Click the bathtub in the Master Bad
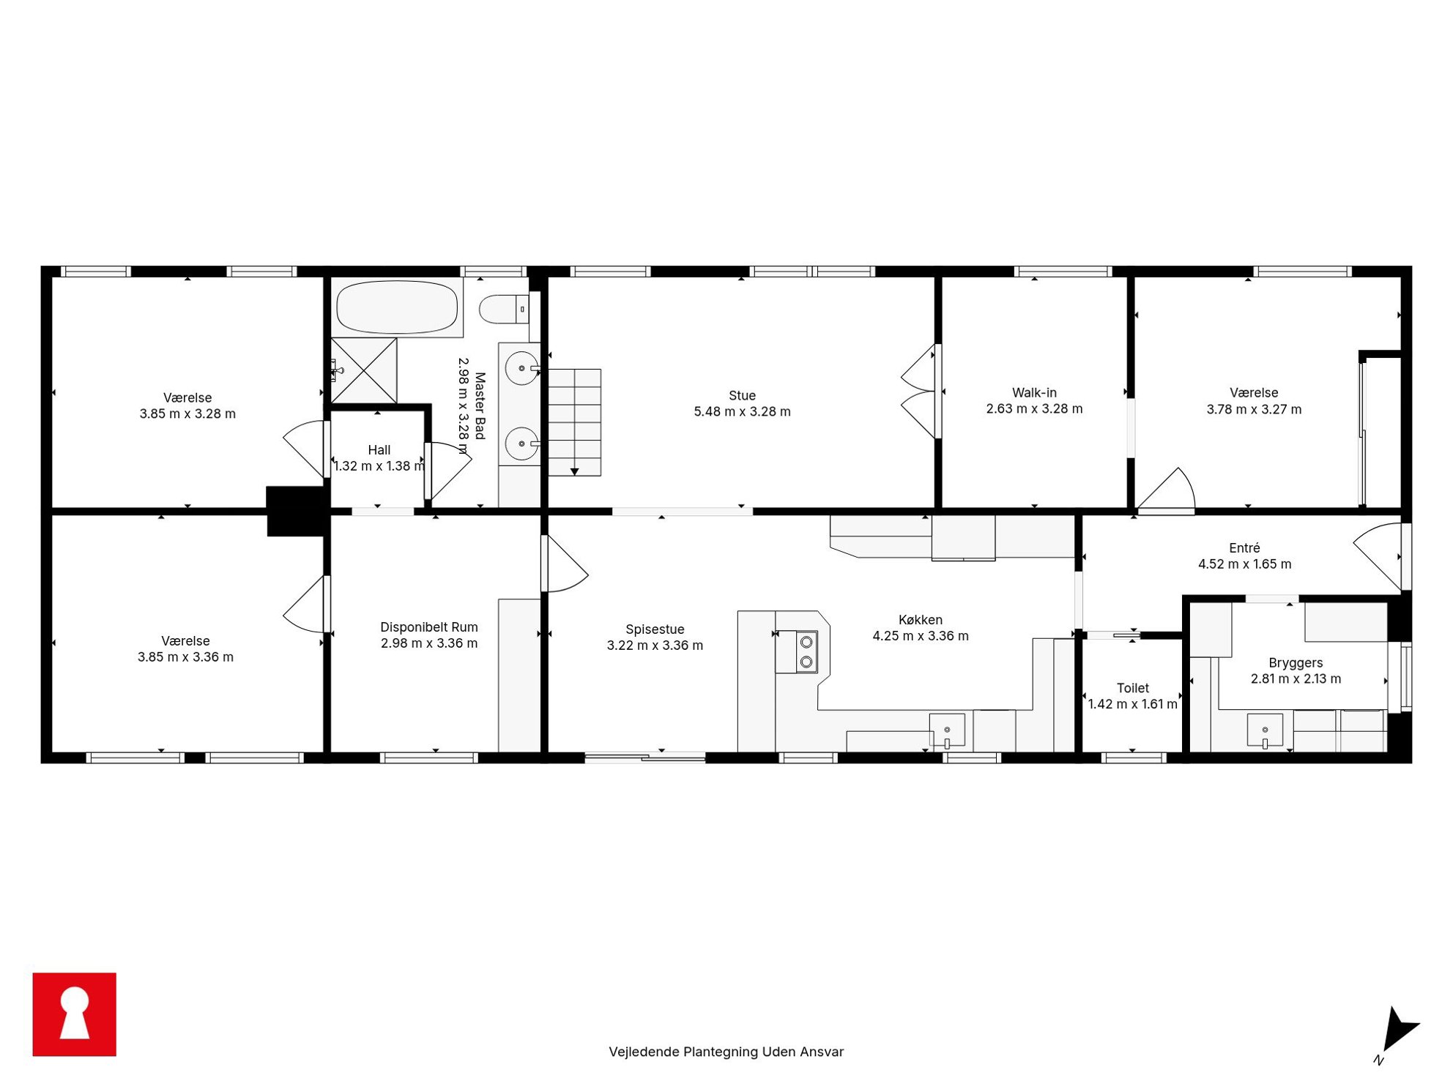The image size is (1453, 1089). [x=397, y=307]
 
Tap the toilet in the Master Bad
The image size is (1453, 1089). [x=505, y=309]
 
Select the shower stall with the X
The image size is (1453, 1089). [x=364, y=370]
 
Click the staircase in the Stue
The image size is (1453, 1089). [x=575, y=422]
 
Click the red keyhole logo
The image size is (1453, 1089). [x=75, y=1014]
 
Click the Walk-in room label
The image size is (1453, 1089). [x=1034, y=393]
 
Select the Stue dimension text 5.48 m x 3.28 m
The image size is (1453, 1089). [x=742, y=412]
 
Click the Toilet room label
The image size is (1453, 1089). [x=1132, y=688]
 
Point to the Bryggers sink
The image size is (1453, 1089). [x=1265, y=730]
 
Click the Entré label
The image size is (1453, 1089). [x=1244, y=548]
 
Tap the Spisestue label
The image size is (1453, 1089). [x=655, y=629]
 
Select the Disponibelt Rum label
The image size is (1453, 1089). [x=429, y=627]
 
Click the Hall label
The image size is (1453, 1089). [x=379, y=450]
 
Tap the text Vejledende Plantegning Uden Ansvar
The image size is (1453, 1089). [x=726, y=1052]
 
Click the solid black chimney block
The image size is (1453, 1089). [x=297, y=511]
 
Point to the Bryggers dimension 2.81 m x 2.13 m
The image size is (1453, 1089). [x=1296, y=679]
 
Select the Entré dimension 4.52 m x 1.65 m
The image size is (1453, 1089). [x=1244, y=564]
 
